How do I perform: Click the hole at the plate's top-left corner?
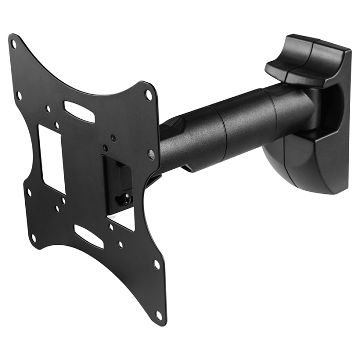[x=14, y=44]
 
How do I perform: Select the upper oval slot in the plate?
[x=79, y=112]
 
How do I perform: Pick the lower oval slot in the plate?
[x=88, y=236]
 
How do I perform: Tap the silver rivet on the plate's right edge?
[x=151, y=153]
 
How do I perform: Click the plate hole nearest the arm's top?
[x=149, y=96]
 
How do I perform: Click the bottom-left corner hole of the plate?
[x=34, y=238]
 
